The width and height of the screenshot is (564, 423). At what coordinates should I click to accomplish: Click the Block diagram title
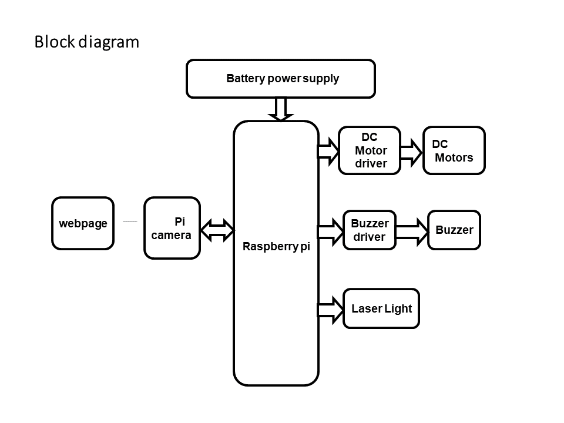coord(86,42)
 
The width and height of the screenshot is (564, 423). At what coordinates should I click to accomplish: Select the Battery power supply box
coord(280,79)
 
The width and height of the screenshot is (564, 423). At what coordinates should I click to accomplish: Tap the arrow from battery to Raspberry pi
coord(281,109)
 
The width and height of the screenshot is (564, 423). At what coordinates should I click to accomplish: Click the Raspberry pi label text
coord(276,247)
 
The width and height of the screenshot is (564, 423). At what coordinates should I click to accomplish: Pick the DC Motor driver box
coord(370,150)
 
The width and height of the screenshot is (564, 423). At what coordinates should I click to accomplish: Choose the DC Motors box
coord(454,150)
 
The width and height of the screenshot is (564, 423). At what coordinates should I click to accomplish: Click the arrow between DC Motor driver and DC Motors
coord(412,152)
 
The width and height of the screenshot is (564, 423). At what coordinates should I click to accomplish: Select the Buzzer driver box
coord(369,230)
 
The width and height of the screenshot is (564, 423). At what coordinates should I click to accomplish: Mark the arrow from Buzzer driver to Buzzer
coord(412,230)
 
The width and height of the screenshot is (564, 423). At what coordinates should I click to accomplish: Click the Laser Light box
coord(381,308)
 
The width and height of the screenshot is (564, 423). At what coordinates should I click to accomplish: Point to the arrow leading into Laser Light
coord(330,310)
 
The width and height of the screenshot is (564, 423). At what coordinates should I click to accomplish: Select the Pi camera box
coord(172,228)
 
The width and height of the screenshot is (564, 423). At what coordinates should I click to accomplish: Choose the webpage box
coord(83,223)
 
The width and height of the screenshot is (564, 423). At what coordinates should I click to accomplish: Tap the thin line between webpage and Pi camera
coord(130,221)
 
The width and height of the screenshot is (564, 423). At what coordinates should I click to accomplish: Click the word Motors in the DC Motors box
coord(454,157)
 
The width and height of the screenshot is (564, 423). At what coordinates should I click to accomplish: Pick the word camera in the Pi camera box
coord(171,236)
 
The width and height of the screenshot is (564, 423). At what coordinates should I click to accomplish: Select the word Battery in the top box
coord(246,79)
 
